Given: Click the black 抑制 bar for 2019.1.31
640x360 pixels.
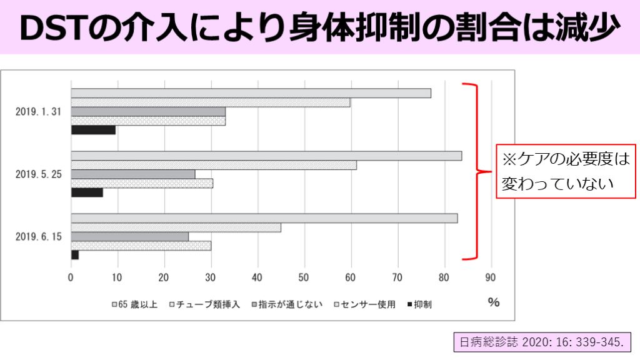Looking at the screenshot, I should (93, 130).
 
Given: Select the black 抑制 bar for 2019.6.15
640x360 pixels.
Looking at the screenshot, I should (74, 255).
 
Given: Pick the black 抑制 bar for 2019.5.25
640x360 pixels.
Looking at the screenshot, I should (87, 192).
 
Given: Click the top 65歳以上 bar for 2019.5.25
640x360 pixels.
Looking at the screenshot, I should (266, 156).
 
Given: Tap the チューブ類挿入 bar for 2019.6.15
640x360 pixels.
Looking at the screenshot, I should (176, 227).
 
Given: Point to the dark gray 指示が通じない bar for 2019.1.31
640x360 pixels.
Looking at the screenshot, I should (148, 111).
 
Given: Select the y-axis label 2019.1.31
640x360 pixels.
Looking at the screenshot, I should (38, 112).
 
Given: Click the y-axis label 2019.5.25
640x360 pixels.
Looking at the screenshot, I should (38, 174).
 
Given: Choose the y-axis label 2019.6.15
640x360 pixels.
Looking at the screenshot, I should (38, 237).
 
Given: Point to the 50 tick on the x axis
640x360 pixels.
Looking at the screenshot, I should (304, 277).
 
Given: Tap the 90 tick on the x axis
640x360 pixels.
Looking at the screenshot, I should (491, 277).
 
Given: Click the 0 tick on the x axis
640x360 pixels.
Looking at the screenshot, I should (71, 277).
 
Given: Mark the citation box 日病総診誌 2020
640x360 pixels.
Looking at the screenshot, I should (541, 342).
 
